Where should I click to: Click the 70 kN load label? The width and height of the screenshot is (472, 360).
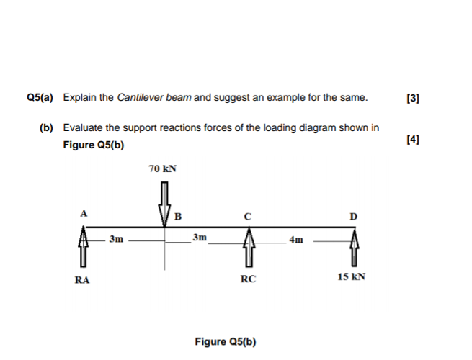click(x=162, y=169)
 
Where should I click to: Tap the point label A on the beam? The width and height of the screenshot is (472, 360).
click(x=84, y=213)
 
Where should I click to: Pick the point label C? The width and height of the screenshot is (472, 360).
click(x=246, y=215)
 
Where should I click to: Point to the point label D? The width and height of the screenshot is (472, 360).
click(x=352, y=215)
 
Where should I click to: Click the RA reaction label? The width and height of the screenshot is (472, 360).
click(x=83, y=281)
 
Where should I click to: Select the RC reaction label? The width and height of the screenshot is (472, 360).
click(x=247, y=281)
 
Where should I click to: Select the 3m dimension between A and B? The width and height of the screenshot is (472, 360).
click(x=116, y=237)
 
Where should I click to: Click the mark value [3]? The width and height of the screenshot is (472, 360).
click(x=412, y=97)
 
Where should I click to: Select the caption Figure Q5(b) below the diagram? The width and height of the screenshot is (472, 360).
click(x=226, y=341)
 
